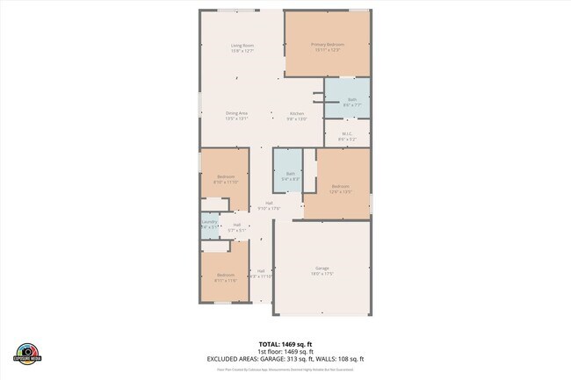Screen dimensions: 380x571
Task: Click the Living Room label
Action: (x=242, y=45)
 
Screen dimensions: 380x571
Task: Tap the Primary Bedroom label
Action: (x=328, y=44)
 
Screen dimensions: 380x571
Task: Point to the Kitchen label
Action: (x=298, y=113)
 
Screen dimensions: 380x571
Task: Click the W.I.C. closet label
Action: (x=347, y=134)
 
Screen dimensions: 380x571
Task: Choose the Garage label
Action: (x=322, y=268)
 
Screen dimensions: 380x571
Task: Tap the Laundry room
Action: (x=209, y=225)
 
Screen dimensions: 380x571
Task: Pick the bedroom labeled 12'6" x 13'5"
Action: (x=340, y=187)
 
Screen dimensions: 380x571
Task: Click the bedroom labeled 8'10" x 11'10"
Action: (x=226, y=179)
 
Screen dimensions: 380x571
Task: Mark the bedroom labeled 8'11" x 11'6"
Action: (x=226, y=277)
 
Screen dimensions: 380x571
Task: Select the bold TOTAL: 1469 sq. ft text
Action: (x=285, y=344)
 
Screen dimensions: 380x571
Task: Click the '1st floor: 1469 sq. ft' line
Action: (x=285, y=351)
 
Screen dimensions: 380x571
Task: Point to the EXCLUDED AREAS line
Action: (x=285, y=359)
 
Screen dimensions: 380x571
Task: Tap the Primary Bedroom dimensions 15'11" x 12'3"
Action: (x=328, y=49)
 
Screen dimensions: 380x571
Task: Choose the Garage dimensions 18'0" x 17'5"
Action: (x=322, y=273)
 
